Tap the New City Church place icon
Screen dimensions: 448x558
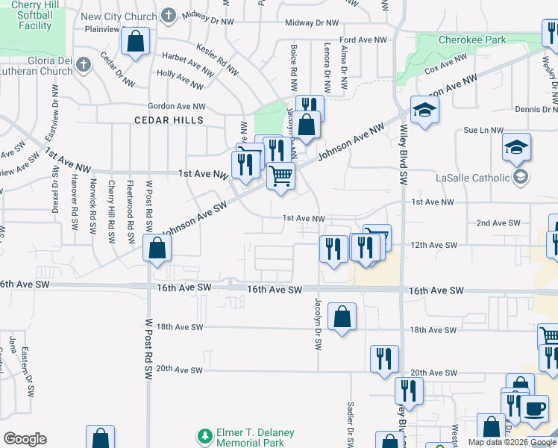point(169,15)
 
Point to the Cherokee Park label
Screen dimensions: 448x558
point(473,40)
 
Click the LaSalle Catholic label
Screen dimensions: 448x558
point(473,178)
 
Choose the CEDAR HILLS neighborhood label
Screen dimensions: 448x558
point(169,120)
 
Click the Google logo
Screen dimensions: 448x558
point(25,439)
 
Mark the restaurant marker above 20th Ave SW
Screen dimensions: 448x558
point(384,358)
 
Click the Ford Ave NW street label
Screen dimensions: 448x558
point(363,40)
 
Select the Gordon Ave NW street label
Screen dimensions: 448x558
point(176,107)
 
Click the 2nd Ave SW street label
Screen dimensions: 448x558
point(498,223)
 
